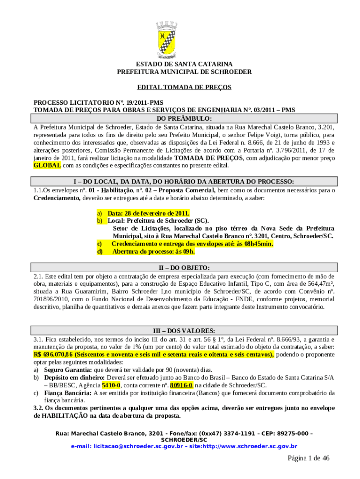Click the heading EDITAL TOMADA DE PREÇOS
click(184, 87)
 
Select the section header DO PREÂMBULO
click(184, 118)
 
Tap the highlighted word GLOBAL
click(47, 166)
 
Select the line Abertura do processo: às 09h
click(153, 252)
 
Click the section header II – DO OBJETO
click(184, 268)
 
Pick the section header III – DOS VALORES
click(184, 331)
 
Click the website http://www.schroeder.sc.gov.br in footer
click(251, 446)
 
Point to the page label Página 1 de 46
click(309, 458)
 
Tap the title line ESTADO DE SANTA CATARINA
click(184, 64)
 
